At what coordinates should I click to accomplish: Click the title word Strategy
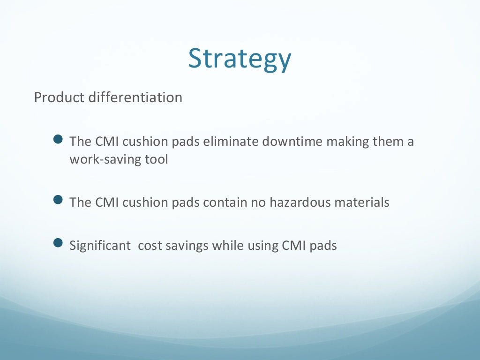pos(240,59)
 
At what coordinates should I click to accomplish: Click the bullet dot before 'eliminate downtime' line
pos(58,140)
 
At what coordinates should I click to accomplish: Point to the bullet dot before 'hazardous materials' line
pos(58,201)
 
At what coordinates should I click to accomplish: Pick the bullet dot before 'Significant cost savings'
pos(58,243)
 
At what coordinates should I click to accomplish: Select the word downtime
pos(291,142)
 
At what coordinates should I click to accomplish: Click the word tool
pos(157,159)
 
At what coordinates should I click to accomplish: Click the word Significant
pos(100,245)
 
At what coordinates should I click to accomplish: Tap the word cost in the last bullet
pos(148,245)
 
